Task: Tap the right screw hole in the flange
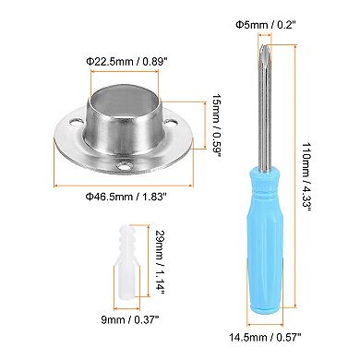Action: pos(174,142)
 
